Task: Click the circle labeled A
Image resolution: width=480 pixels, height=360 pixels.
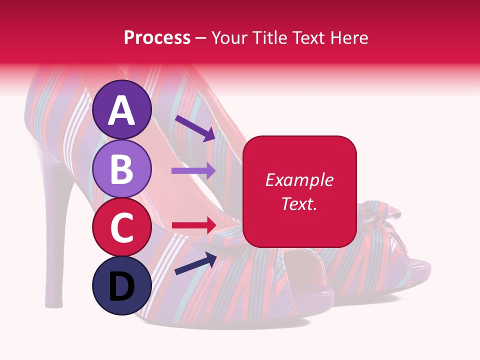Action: point(122,109)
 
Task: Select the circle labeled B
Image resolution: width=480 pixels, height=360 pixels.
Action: point(122,169)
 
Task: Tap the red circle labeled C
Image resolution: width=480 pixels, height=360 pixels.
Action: point(122,227)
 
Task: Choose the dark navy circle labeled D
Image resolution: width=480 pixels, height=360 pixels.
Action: point(122,285)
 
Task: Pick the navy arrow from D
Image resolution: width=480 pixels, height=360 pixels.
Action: point(195,263)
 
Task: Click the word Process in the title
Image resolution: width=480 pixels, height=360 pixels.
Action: point(157,38)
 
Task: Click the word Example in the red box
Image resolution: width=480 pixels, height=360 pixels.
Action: point(299,180)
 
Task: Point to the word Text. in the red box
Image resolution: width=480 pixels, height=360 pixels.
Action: point(299,203)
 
